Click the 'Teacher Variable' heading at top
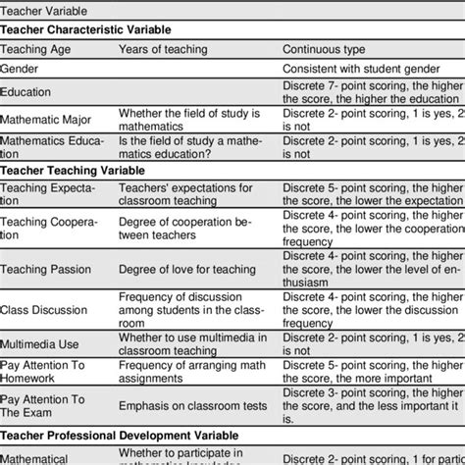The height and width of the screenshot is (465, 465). [x=44, y=12]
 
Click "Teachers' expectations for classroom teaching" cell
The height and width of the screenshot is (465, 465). [x=186, y=194]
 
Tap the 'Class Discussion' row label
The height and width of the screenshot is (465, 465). [x=44, y=309]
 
